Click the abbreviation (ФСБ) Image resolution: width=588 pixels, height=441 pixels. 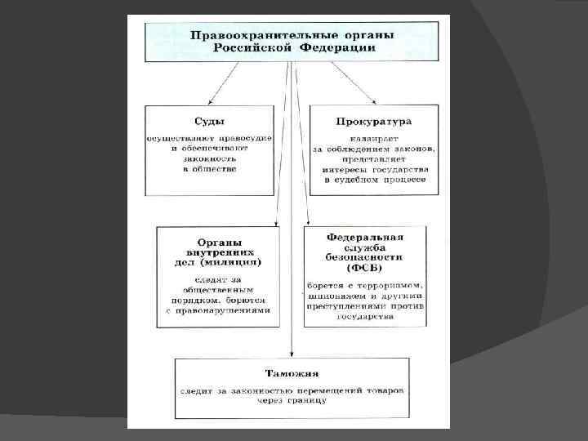coord(364,268)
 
